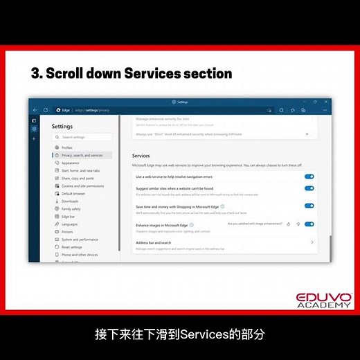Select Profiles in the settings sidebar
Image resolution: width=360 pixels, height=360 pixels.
[x=67, y=147]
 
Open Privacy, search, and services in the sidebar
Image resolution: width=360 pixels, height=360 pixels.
[x=81, y=155]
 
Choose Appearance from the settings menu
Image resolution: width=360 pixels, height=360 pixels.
[x=71, y=163]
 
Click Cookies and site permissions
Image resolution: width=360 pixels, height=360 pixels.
[x=82, y=186]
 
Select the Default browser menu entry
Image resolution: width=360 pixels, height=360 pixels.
[x=73, y=193]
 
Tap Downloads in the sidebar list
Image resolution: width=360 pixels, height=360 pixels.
[x=70, y=201]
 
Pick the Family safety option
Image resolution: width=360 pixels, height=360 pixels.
[x=71, y=208]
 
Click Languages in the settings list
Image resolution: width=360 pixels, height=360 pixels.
[x=69, y=224]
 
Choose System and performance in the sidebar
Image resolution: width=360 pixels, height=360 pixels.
[x=80, y=239]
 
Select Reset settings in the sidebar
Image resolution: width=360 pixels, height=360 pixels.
[x=71, y=246]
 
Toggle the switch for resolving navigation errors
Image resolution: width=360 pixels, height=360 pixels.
[x=309, y=177]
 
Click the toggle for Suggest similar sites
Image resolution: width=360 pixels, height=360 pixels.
[x=309, y=188]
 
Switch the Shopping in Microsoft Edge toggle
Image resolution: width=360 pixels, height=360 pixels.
[x=309, y=206]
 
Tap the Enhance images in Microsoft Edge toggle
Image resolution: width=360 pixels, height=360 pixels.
[x=309, y=224]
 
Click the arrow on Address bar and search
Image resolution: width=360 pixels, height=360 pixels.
[x=312, y=242]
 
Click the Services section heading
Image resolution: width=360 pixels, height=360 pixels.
[x=141, y=156]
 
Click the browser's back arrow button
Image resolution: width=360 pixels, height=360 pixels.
[x=36, y=110]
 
